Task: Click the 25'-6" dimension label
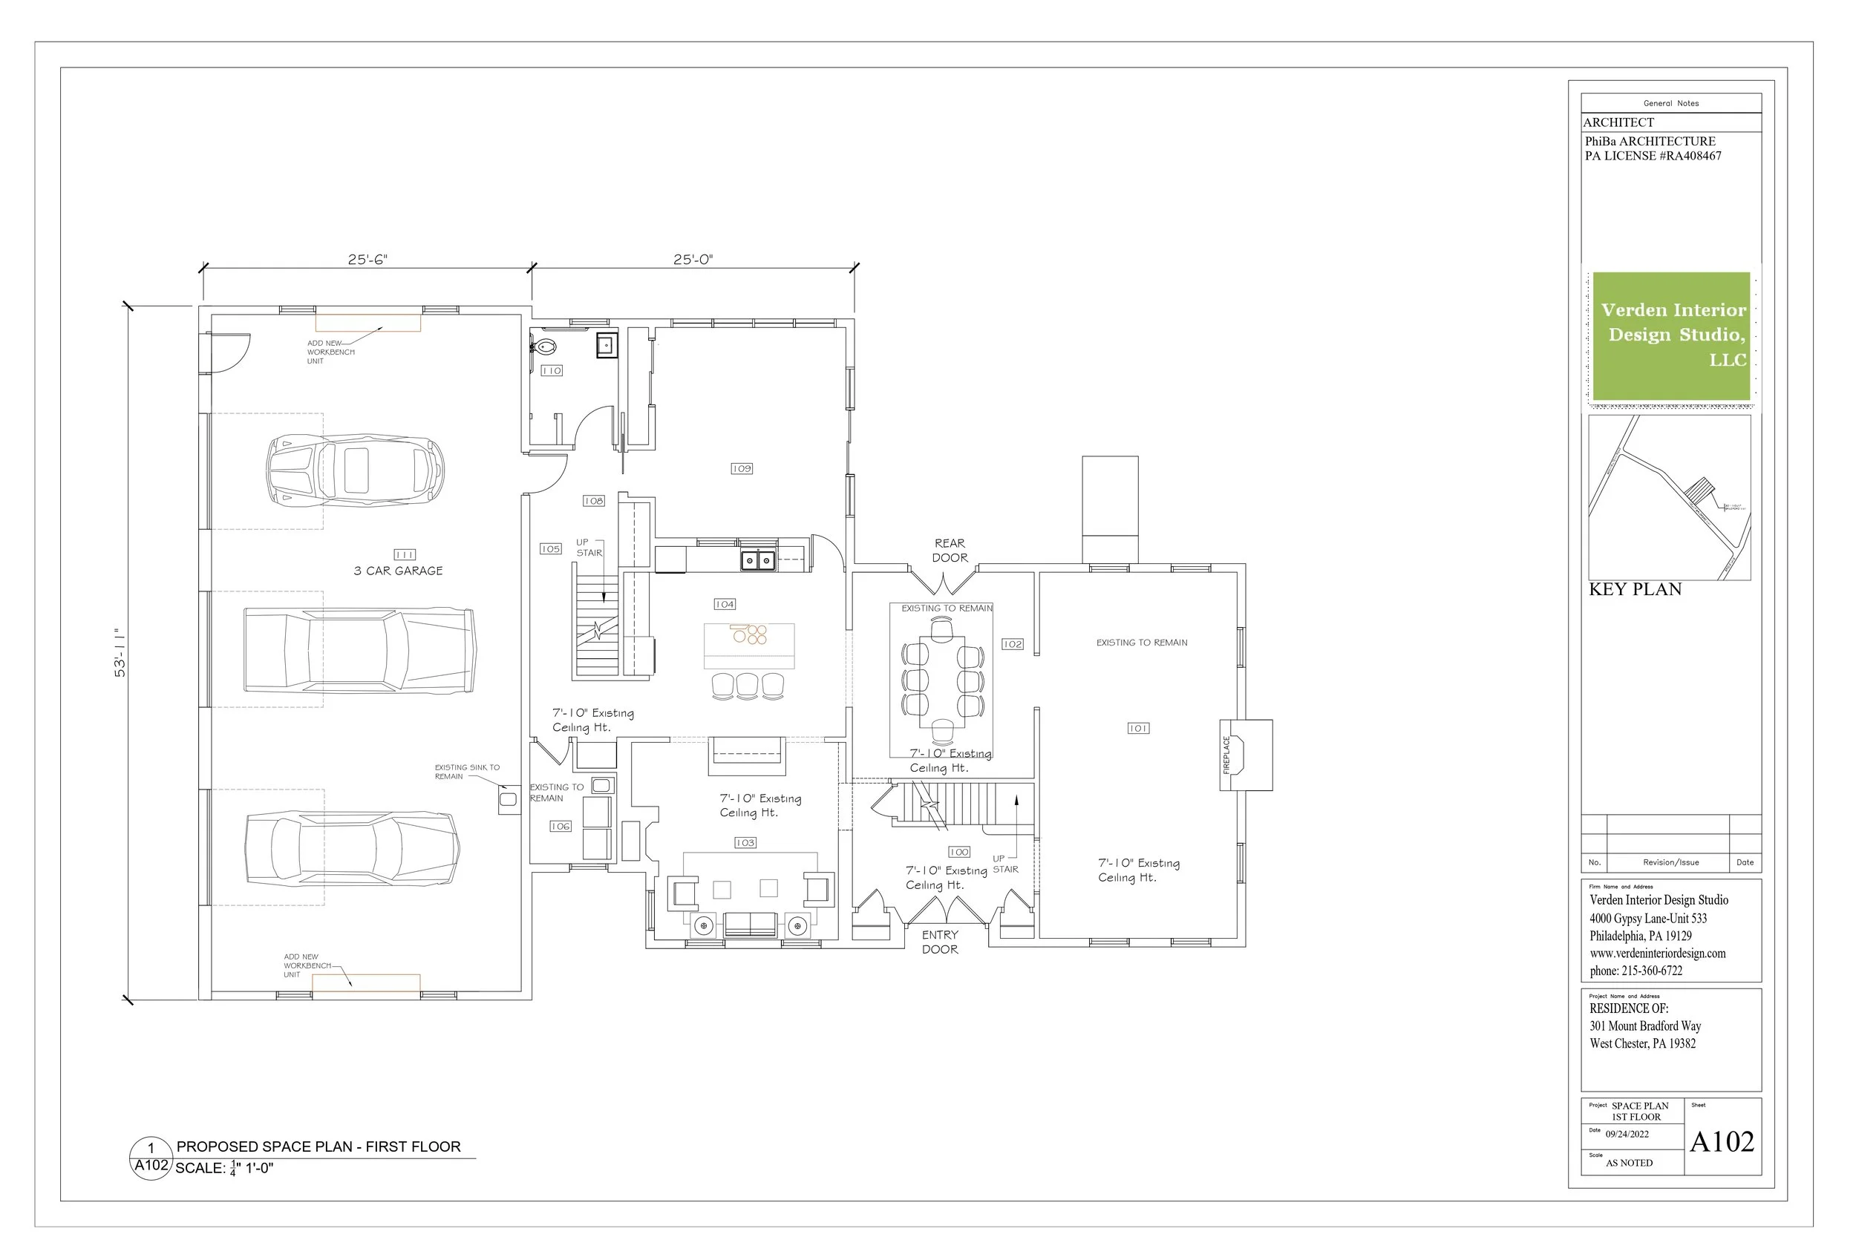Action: click(367, 260)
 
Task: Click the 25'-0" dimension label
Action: click(693, 260)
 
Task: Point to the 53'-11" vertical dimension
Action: click(120, 653)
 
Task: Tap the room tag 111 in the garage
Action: click(404, 554)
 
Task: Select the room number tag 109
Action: click(742, 469)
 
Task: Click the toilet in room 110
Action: click(544, 347)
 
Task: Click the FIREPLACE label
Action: click(1226, 755)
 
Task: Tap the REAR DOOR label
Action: click(950, 551)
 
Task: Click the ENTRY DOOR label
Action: click(940, 942)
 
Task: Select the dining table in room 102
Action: click(941, 682)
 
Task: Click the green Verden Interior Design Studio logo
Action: click(1670, 336)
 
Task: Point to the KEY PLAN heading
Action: click(1635, 589)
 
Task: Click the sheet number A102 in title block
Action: click(1721, 1141)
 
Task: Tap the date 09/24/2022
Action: click(1627, 1135)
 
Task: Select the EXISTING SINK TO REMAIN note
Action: click(466, 772)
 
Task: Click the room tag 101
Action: click(1138, 728)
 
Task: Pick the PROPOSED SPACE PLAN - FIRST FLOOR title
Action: click(318, 1146)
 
